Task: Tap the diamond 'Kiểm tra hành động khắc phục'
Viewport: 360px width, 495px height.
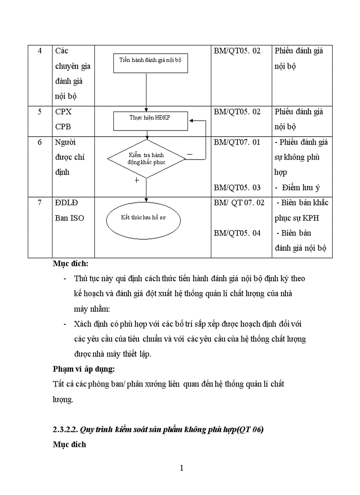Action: [x=147, y=159]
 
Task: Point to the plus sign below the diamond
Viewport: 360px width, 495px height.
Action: [x=137, y=180]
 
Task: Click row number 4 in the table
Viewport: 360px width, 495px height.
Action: [x=40, y=51]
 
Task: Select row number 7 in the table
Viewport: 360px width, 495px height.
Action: [x=40, y=203]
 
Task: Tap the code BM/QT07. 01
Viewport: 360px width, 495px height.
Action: [x=237, y=142]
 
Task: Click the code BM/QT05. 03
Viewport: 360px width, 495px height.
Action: [x=237, y=188]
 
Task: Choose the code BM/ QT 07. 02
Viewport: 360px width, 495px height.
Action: [x=239, y=203]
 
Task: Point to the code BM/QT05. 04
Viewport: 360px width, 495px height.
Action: [x=237, y=233]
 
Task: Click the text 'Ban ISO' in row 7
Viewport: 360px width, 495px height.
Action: [x=70, y=218]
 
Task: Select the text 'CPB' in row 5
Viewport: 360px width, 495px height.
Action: [x=64, y=127]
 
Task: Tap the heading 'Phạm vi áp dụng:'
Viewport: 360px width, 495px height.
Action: [x=83, y=368]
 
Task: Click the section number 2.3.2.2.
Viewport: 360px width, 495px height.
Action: [x=65, y=429]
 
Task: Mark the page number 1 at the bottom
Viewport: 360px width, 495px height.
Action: [x=181, y=468]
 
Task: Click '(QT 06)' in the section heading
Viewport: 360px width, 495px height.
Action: [x=250, y=429]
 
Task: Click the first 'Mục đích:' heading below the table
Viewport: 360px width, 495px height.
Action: [x=71, y=264]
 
